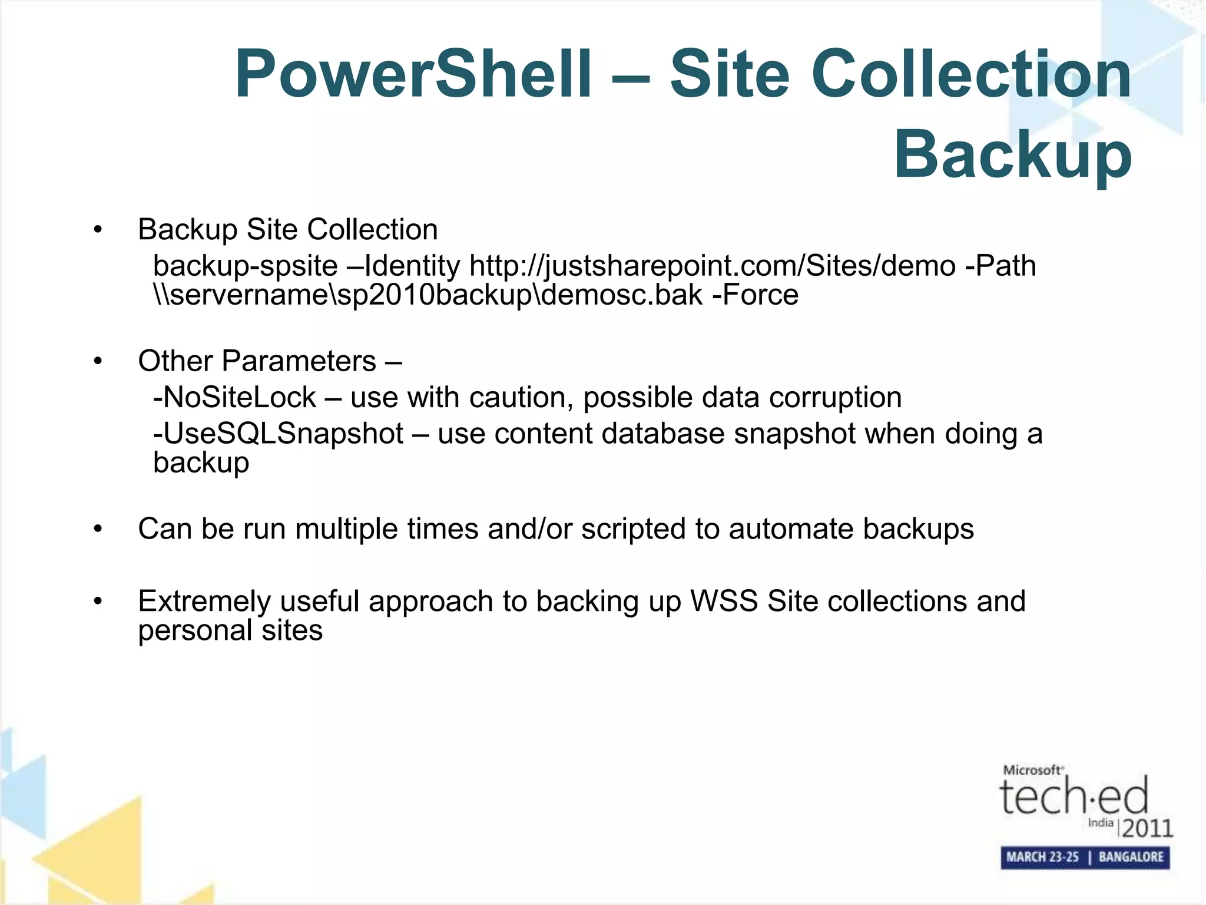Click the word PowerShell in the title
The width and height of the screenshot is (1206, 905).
(x=413, y=75)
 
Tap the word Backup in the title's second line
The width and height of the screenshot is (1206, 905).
(x=1013, y=155)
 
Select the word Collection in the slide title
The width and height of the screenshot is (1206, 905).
(x=971, y=75)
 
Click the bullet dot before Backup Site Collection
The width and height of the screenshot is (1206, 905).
(x=98, y=230)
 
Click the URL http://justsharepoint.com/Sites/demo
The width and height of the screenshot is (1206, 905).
(x=712, y=266)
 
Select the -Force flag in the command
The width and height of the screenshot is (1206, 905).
(x=756, y=295)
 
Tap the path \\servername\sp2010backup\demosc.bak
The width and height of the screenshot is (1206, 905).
(x=428, y=295)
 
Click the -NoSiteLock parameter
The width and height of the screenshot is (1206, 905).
(x=234, y=398)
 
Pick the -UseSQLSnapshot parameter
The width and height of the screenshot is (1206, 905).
(x=278, y=434)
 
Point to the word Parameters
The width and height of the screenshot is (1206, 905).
(x=299, y=361)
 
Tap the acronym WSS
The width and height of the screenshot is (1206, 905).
(x=724, y=602)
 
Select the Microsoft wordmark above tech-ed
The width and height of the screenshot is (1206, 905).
(x=1033, y=770)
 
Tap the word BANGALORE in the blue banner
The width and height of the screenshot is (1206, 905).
(x=1131, y=857)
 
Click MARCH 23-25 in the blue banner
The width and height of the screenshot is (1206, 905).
(x=1042, y=857)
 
